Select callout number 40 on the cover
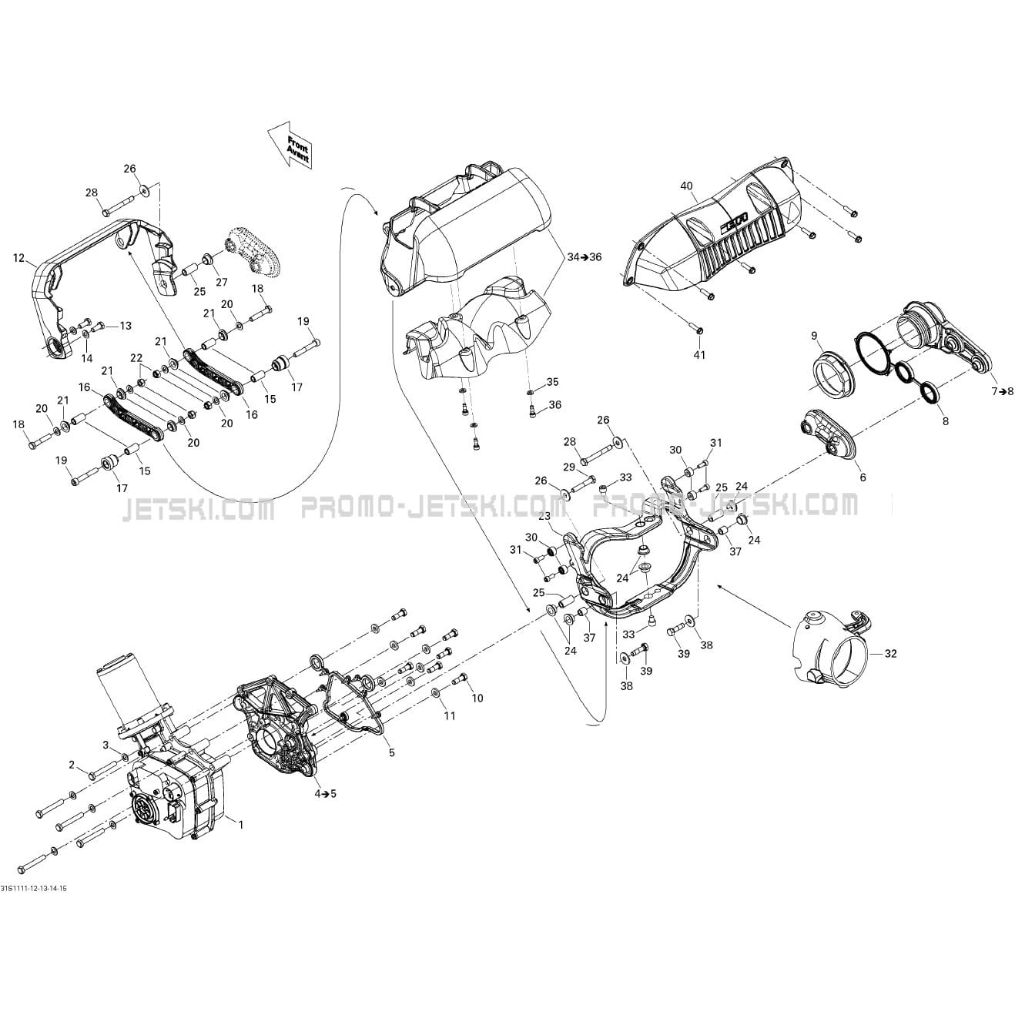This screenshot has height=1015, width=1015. [x=686, y=186]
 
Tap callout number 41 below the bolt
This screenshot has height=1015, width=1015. [x=699, y=355]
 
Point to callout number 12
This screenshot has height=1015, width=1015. [x=19, y=258]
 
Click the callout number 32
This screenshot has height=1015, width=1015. [x=890, y=654]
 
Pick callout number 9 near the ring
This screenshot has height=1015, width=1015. [x=814, y=336]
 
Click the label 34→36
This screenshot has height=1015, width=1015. [x=585, y=257]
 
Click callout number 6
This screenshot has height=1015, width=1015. [x=863, y=477]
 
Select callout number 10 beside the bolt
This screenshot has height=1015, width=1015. [x=477, y=698]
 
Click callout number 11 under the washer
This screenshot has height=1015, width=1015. [x=449, y=716]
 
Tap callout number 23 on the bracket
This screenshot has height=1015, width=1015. [x=544, y=531]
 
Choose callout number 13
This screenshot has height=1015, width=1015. [x=126, y=326]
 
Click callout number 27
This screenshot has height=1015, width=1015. [x=222, y=283]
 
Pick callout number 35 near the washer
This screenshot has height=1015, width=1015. [x=552, y=382]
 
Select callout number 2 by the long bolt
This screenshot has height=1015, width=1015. [x=72, y=765]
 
